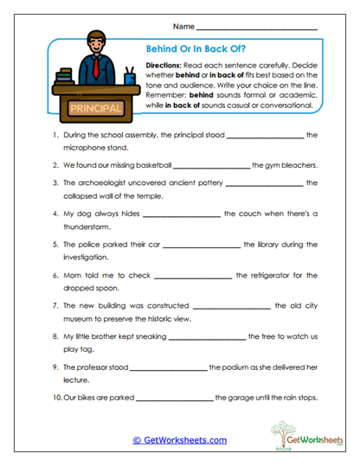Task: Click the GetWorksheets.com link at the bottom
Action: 179,439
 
